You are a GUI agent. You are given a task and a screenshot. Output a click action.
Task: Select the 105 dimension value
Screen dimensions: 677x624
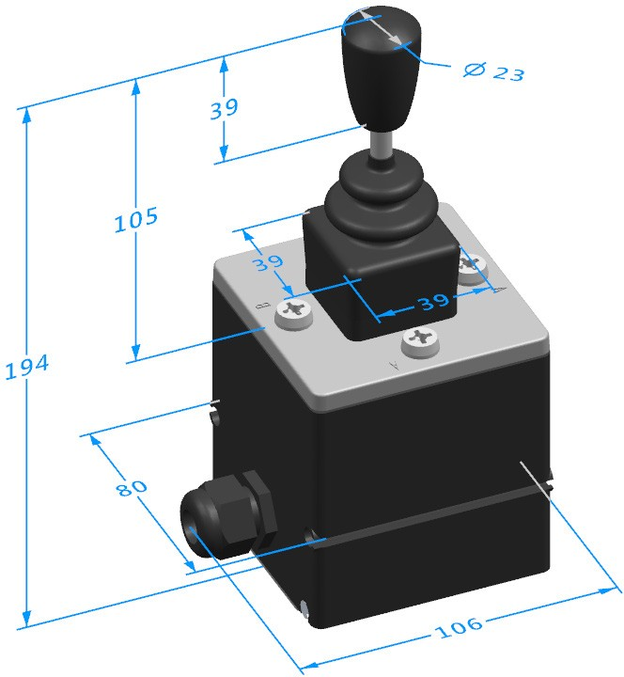pyautogui.click(x=135, y=221)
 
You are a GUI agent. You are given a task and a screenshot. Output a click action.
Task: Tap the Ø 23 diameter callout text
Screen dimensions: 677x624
pyautogui.click(x=494, y=71)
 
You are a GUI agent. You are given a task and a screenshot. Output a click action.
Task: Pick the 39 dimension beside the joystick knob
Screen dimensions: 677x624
pyautogui.click(x=224, y=108)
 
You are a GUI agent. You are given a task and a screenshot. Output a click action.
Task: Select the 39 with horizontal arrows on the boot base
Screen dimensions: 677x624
pyautogui.click(x=420, y=303)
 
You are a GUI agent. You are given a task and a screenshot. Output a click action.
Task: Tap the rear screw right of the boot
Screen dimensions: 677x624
pyautogui.click(x=472, y=270)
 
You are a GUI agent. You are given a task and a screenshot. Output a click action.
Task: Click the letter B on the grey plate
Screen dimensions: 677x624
pyautogui.click(x=264, y=307)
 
